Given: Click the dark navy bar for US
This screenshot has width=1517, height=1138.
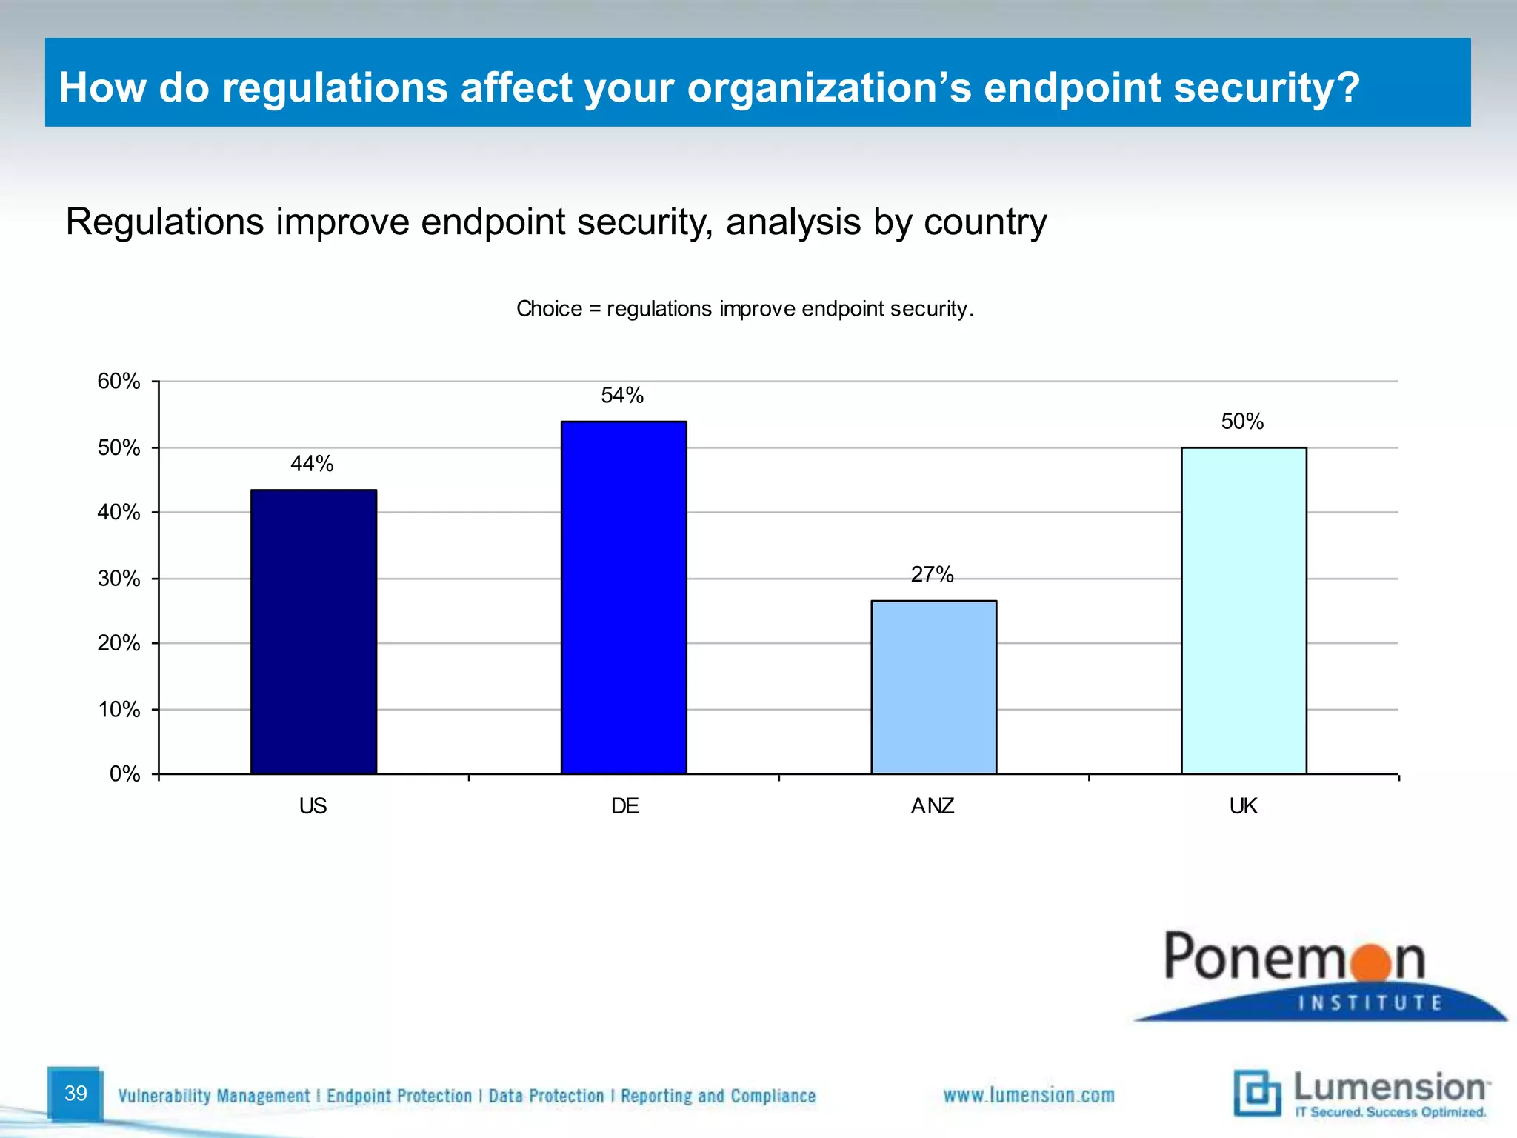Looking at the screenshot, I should tap(313, 631).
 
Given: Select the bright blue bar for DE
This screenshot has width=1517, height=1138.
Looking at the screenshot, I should tap(624, 597).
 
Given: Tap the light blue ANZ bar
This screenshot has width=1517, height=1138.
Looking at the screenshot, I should tap(933, 687).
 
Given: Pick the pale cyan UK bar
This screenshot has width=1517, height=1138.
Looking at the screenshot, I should tap(1244, 610).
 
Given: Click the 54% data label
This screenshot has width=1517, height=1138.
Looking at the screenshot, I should tap(622, 396).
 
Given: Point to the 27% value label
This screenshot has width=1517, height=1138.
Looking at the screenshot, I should tap(932, 574).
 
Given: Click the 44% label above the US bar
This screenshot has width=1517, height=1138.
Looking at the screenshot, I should tap(312, 464).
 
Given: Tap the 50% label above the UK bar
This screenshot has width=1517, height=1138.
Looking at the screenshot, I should tap(1242, 422).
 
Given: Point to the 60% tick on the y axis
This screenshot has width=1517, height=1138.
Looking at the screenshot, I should tap(119, 382).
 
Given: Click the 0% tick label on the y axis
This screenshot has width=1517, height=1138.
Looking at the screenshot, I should tap(124, 774).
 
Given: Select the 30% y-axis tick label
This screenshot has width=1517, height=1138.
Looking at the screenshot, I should tap(119, 579).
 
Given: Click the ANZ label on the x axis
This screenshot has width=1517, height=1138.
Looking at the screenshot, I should tap(933, 806).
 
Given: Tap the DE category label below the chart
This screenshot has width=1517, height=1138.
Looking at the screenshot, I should tap(624, 806).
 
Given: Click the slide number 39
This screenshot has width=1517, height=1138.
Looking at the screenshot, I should tap(76, 1093).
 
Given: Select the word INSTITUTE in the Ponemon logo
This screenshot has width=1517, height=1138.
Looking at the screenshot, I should tap(1370, 1003).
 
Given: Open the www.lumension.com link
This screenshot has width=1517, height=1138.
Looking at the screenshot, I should tap(1028, 1095).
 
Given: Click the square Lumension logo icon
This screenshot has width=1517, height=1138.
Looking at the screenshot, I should tap(1257, 1093).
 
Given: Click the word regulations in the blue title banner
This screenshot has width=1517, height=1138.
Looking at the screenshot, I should tap(335, 87).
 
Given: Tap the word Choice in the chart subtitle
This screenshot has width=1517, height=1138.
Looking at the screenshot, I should tap(549, 309).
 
